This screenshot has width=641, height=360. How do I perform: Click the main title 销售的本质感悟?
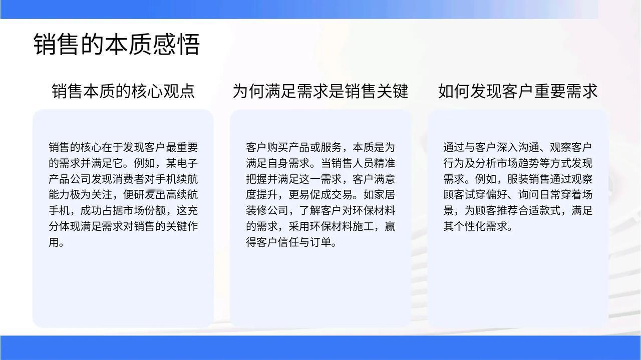coord(117,44)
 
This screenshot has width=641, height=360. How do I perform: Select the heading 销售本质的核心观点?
coord(123,91)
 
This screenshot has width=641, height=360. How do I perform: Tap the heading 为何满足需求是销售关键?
coord(320,91)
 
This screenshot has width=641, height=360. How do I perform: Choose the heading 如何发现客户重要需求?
coord(518,91)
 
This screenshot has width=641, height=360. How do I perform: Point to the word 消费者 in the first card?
coord(128,179)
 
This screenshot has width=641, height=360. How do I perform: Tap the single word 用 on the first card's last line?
coord(54,242)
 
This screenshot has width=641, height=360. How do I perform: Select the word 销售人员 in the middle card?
coord(352,163)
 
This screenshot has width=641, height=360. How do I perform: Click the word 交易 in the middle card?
coord(342,195)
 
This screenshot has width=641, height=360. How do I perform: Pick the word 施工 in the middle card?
coord(363,226)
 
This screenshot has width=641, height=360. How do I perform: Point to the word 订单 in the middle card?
coord(320,242)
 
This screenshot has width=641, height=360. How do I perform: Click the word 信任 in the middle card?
coord(288,242)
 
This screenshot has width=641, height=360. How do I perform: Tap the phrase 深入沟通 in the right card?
coord(518,148)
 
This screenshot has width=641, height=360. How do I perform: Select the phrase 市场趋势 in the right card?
coord(518,163)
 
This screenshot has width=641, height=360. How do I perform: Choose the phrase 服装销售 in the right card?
coord(528,179)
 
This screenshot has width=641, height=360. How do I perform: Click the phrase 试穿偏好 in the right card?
coord(486,195)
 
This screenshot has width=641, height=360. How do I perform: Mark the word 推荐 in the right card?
coord(507,211)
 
